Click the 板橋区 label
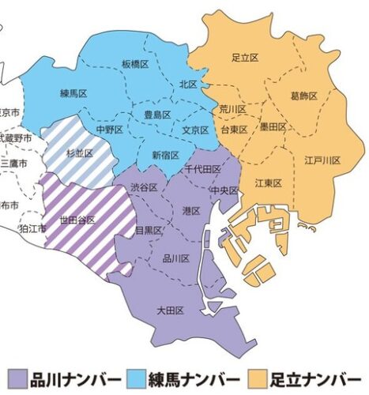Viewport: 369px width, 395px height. [x=136, y=63]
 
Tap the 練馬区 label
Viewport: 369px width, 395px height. [x=73, y=94]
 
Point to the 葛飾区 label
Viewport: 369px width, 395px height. [x=303, y=96]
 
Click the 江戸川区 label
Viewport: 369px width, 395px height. [x=322, y=160]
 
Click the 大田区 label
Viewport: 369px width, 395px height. [x=169, y=310]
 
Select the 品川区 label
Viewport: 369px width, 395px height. [x=175, y=258]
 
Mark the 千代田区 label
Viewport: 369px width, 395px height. [x=202, y=169]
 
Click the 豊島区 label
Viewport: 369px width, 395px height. [x=157, y=115]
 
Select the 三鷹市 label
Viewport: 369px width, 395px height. [x=14, y=163]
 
